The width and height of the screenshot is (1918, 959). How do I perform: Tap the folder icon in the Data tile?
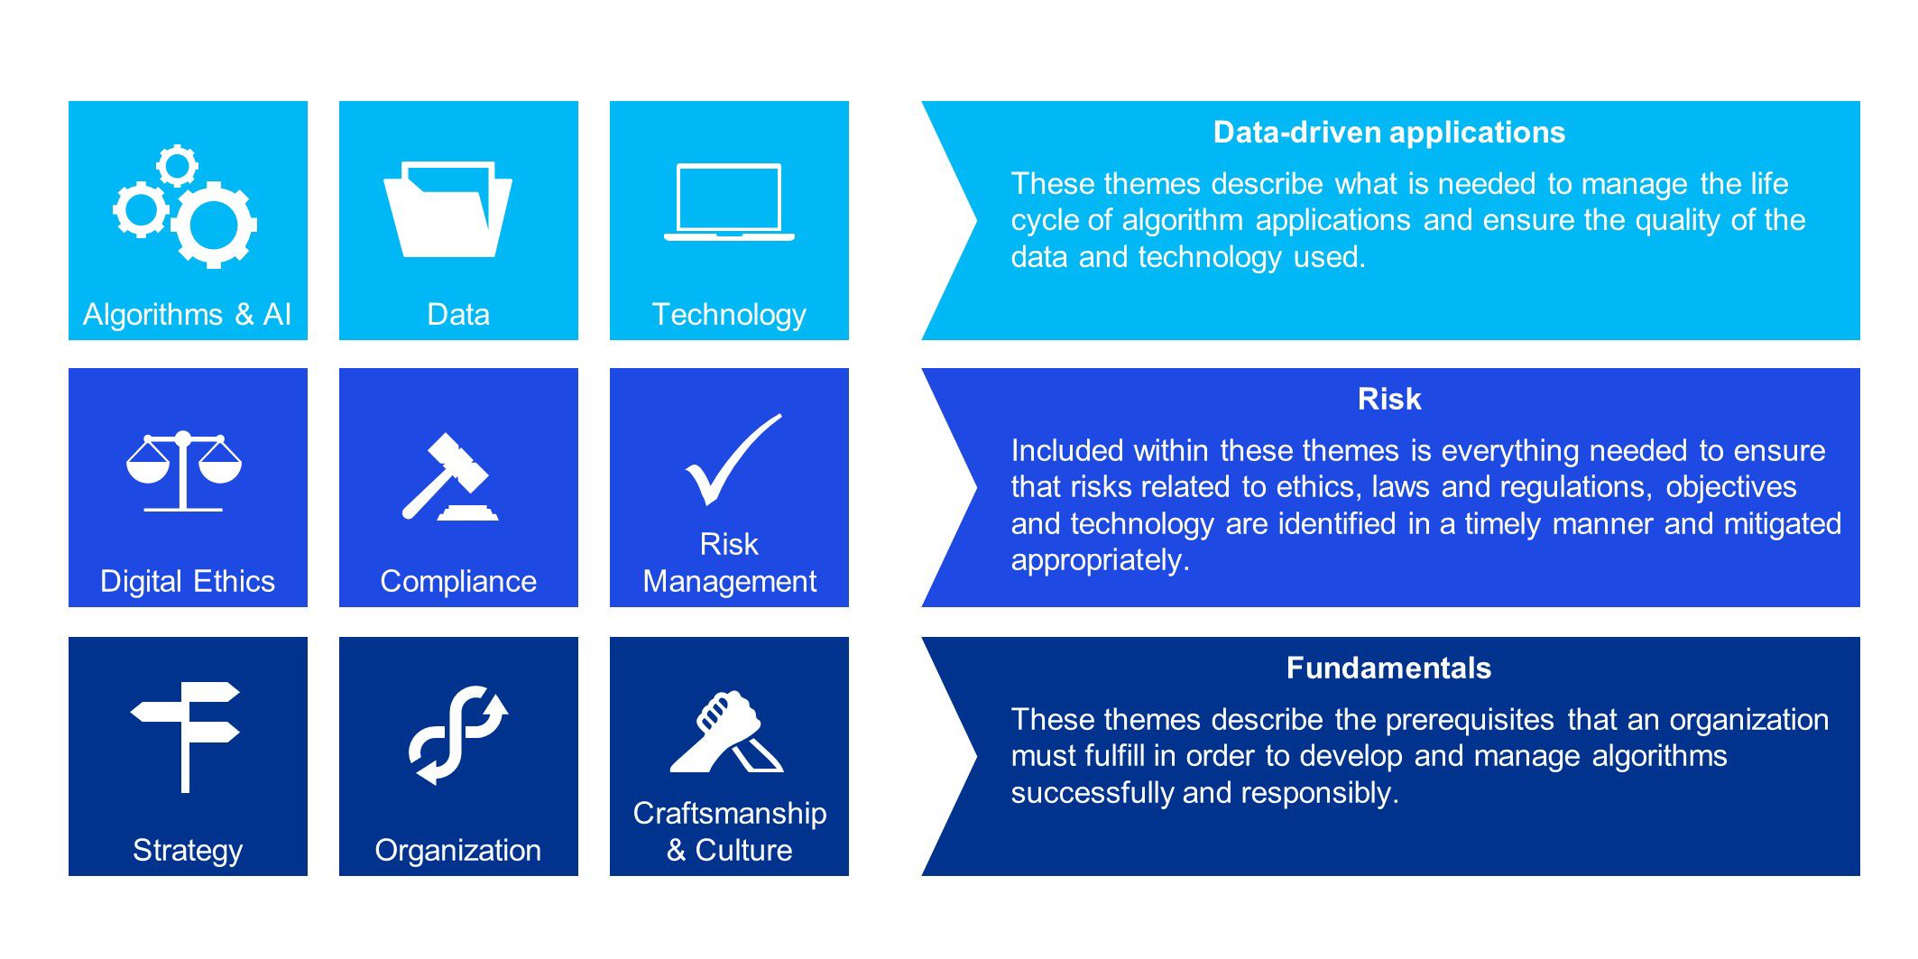[x=447, y=209]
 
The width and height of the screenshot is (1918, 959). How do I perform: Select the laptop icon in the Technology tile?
[x=729, y=202]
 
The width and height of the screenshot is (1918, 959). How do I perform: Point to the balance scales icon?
[x=184, y=471]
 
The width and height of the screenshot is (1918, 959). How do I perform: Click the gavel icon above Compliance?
[x=448, y=477]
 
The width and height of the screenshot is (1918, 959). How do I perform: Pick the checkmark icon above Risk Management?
[x=733, y=459]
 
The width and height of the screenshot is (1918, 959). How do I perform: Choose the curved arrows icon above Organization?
[x=458, y=735]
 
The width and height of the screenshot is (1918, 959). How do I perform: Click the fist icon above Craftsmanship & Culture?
[x=726, y=732]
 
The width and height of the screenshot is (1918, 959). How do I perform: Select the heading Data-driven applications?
[x=1388, y=133]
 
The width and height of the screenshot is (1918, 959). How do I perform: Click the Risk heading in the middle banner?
[x=1388, y=399]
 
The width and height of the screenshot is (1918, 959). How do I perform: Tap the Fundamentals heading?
[x=1388, y=668]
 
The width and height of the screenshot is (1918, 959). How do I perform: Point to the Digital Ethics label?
[x=188, y=581]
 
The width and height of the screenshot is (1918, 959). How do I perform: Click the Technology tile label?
[x=729, y=315]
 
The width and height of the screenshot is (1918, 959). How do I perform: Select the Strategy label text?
[x=188, y=851]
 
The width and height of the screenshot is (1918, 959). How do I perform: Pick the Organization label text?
[x=458, y=851]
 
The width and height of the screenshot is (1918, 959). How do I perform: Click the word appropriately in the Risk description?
[x=1100, y=561]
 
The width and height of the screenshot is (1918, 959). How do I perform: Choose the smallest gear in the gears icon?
[x=177, y=166]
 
